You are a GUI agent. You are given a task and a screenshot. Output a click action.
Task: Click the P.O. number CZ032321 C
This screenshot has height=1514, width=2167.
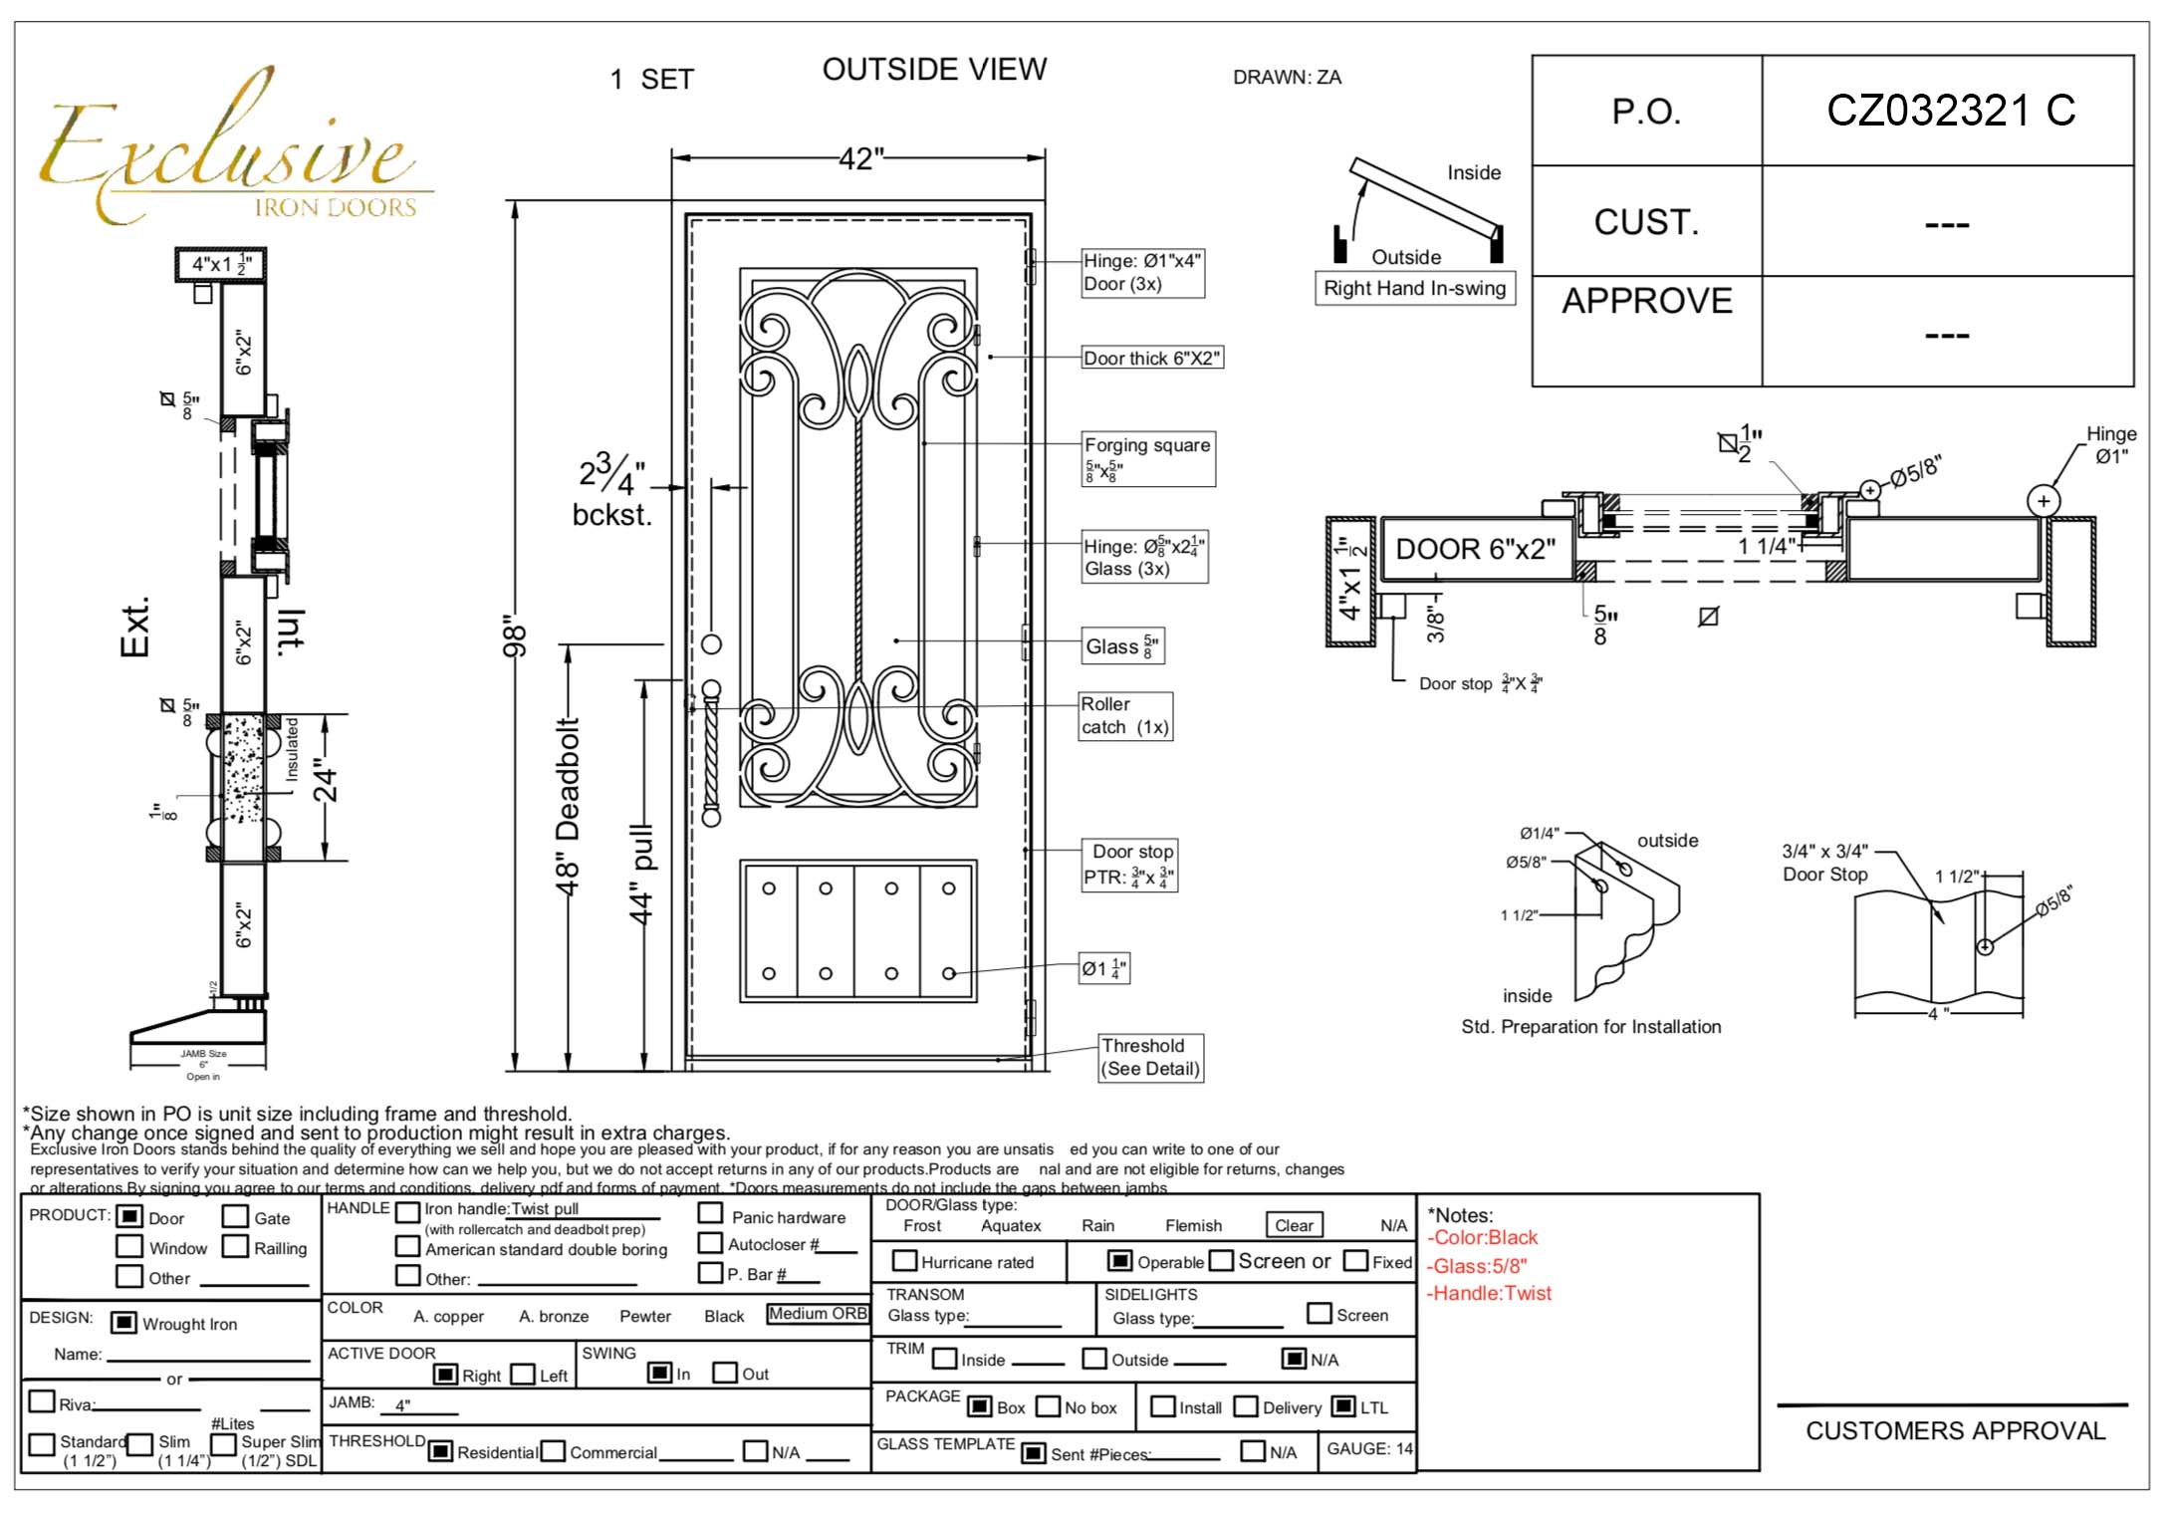(1950, 111)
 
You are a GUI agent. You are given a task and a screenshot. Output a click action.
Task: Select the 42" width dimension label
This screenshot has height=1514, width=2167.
(860, 158)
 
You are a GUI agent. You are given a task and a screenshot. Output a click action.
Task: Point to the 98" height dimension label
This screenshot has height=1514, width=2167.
(514, 635)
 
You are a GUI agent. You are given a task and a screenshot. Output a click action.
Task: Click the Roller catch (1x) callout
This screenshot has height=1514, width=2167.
(1125, 716)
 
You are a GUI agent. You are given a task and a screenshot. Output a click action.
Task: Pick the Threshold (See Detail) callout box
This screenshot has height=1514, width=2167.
(1150, 1057)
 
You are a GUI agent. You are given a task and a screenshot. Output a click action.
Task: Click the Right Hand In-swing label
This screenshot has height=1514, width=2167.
(1414, 288)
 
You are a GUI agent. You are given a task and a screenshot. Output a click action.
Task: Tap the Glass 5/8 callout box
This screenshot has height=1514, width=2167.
(1122, 646)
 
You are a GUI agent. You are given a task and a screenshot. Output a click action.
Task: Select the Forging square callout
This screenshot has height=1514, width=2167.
(1147, 457)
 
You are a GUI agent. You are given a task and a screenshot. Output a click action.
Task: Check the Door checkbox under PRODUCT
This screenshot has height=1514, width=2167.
(129, 1216)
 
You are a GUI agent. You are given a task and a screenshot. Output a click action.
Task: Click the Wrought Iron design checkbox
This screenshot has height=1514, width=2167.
(123, 1323)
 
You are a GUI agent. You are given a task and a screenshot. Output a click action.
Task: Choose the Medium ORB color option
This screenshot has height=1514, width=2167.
(818, 1314)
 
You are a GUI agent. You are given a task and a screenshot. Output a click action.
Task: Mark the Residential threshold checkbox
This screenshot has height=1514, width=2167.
(440, 1451)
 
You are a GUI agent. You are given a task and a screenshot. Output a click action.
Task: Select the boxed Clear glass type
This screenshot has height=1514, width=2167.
(1294, 1225)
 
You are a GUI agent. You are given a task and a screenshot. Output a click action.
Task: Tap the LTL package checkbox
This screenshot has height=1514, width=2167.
(1343, 1406)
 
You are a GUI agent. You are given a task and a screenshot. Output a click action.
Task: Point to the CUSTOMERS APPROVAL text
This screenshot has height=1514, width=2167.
(1955, 1431)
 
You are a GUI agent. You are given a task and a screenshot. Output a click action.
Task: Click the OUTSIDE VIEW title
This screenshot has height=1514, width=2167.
(934, 70)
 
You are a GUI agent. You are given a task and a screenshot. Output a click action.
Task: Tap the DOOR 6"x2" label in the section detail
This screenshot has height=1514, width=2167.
(1475, 549)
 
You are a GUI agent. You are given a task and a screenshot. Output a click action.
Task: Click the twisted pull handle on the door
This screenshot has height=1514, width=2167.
(711, 753)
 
